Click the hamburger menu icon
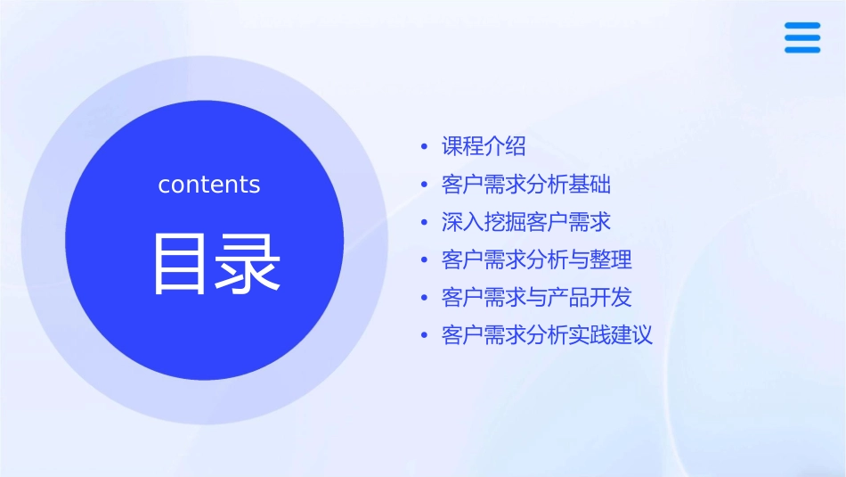(802, 37)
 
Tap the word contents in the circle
(209, 185)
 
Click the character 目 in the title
(183, 263)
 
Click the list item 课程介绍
(484, 146)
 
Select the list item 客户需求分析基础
(526, 185)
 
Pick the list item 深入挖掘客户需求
(526, 222)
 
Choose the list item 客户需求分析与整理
(537, 259)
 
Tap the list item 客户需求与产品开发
(537, 298)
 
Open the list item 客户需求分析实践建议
(548, 335)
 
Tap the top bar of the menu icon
(802, 25)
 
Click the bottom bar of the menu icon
(802, 50)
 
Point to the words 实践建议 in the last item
(612, 335)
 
